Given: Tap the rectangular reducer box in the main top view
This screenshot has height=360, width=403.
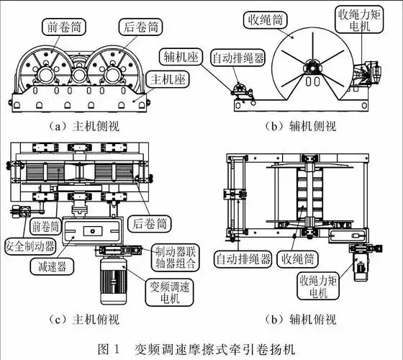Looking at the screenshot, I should pyautogui.click(x=92, y=232).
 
